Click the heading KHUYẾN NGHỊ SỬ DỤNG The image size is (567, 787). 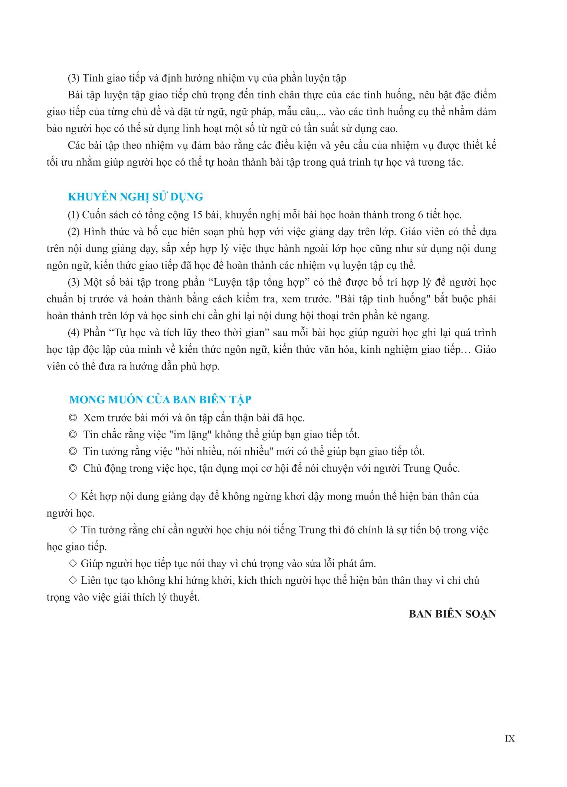tap(135, 196)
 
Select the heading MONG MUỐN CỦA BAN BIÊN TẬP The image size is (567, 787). tap(160, 400)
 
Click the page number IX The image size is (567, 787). tap(510, 739)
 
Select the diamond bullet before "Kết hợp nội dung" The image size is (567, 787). tap(73, 496)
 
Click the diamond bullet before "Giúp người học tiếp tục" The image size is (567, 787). tap(73, 563)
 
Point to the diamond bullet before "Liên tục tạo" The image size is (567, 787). tap(73, 580)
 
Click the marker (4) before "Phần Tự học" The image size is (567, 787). tap(74, 332)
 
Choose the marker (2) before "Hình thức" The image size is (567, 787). tap(74, 232)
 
